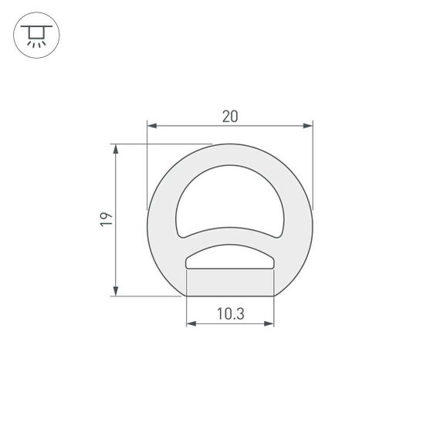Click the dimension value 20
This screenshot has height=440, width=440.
click(x=229, y=116)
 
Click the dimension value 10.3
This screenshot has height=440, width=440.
click(x=230, y=313)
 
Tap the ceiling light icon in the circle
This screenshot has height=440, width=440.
click(x=36, y=36)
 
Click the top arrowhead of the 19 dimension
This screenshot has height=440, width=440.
click(x=116, y=148)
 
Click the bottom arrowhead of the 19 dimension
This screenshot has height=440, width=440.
click(x=116, y=290)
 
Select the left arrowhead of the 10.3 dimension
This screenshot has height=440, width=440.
click(x=191, y=323)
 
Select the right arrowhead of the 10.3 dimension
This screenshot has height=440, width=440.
click(x=269, y=323)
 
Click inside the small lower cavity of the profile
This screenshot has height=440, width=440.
click(x=230, y=258)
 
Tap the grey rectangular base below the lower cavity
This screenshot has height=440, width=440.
click(x=230, y=283)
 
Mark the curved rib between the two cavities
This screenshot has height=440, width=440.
click(x=230, y=235)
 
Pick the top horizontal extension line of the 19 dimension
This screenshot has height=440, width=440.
click(x=162, y=143)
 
